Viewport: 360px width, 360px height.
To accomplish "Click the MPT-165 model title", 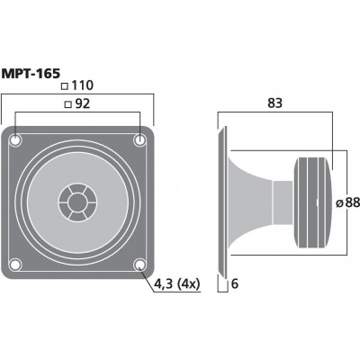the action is (x=31, y=74).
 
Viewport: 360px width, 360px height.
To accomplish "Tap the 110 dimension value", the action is (x=83, y=85).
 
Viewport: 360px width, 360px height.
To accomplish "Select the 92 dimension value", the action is (x=83, y=103).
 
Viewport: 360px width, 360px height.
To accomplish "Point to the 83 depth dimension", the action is (x=275, y=103).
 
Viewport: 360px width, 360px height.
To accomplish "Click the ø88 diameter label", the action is (x=347, y=203).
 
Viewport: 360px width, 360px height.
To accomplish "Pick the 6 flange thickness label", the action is (x=235, y=283).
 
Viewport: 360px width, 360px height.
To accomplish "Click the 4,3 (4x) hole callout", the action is (x=176, y=283).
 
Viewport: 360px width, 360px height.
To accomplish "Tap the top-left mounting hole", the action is (x=15, y=139).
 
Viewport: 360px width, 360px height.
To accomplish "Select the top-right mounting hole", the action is (x=139, y=139).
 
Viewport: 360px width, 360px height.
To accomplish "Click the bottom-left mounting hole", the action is (x=15, y=265).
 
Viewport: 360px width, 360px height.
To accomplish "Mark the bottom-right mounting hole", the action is (x=139, y=265).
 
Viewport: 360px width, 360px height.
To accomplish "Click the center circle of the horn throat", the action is (x=77, y=202).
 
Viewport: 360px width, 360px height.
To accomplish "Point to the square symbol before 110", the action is (x=65, y=86).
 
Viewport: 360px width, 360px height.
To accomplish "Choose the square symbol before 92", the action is (x=68, y=104).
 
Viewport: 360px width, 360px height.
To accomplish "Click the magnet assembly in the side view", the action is (x=313, y=202).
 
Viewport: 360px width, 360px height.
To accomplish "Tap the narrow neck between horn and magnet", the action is (x=283, y=202).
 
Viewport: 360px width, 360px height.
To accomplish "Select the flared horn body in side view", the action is (x=250, y=202).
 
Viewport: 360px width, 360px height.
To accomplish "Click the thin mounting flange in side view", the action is (x=222, y=202).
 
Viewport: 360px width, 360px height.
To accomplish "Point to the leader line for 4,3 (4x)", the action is (x=148, y=278).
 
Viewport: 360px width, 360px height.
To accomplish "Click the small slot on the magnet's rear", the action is (x=318, y=202).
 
